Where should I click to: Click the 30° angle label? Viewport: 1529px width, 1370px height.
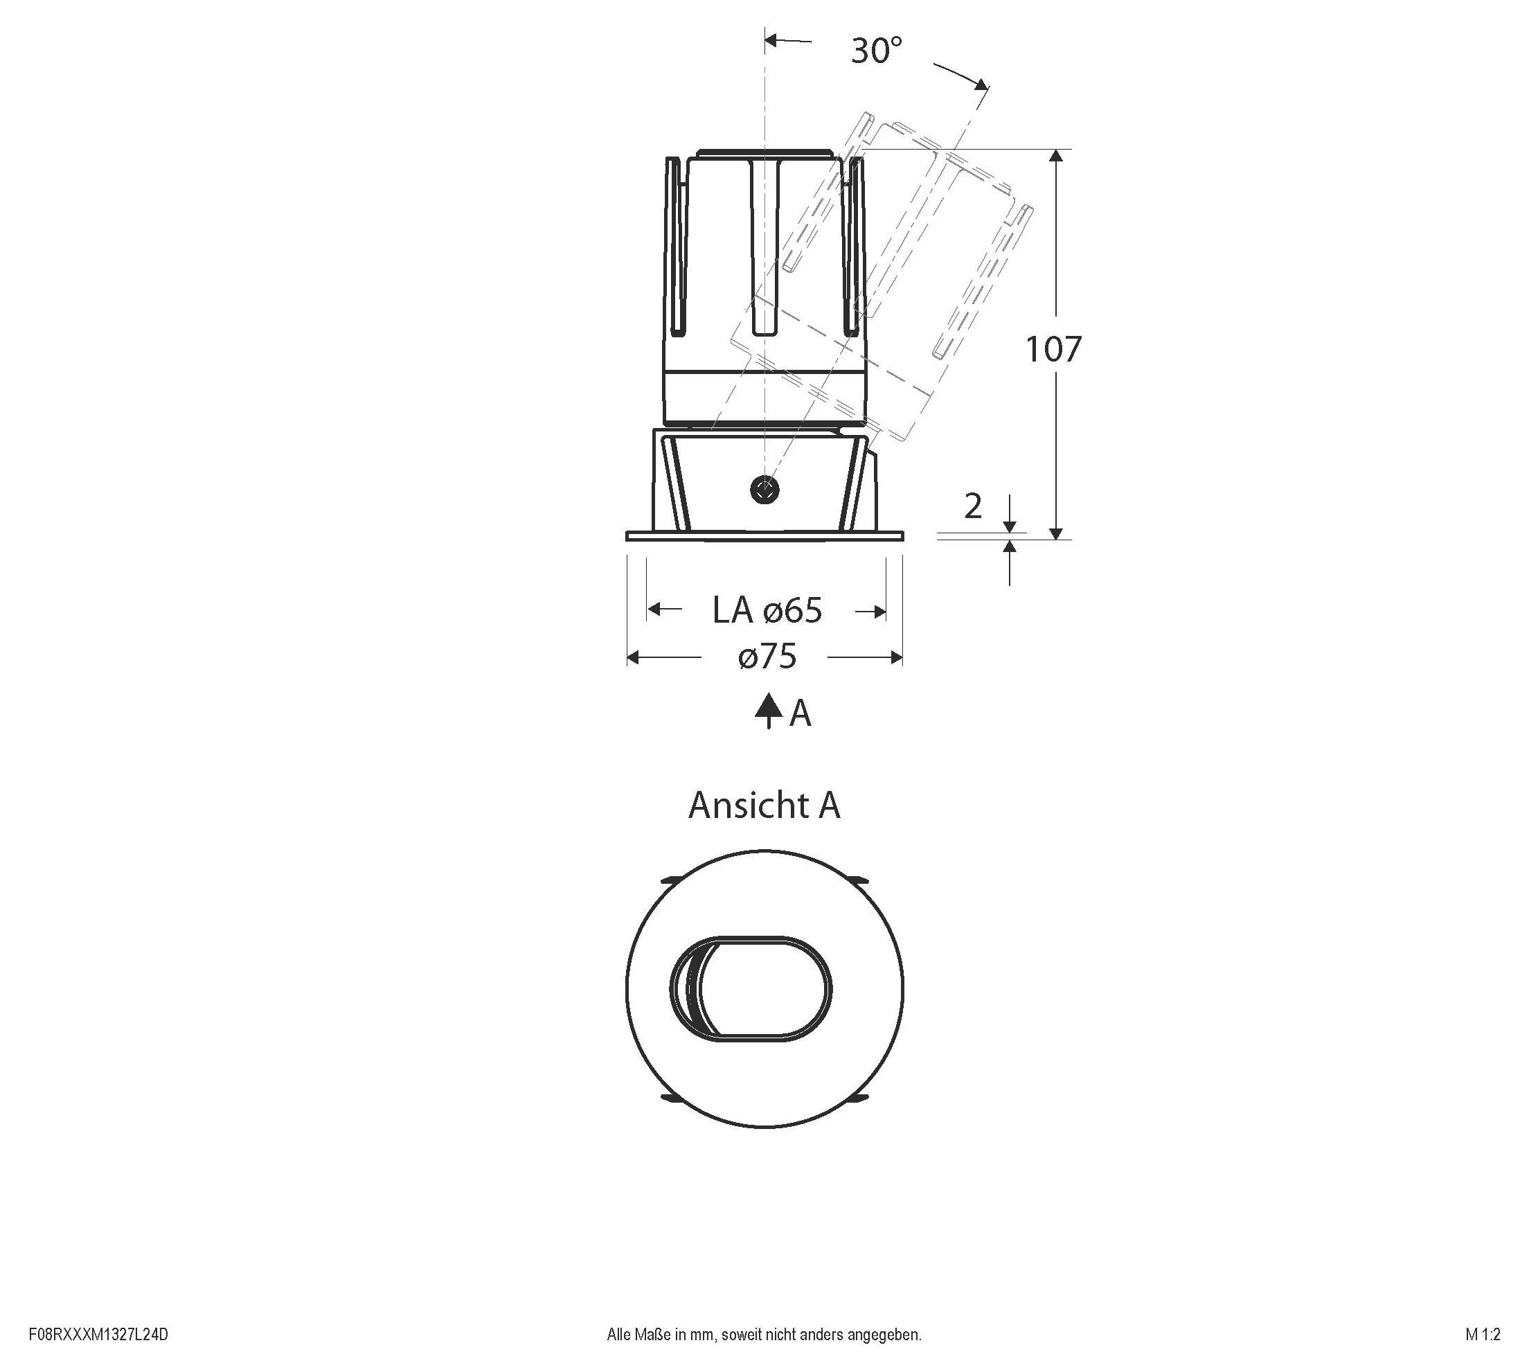pos(876,51)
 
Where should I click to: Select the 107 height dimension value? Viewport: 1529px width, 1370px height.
pos(1053,349)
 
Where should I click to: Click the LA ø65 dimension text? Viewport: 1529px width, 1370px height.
pos(767,610)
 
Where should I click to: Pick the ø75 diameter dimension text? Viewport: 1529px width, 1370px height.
pos(767,657)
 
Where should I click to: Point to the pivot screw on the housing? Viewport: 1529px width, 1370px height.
pos(764,491)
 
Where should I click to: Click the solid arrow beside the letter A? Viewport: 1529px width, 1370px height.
pos(767,709)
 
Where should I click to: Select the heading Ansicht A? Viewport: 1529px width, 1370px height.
pos(764,806)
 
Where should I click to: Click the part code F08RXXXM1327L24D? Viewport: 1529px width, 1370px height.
pos(98,1335)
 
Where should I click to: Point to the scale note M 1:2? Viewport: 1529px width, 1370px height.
pos(1483,1335)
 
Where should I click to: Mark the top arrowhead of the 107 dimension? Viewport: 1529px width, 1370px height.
pos(1056,156)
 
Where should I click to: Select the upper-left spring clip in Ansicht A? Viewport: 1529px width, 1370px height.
pos(670,879)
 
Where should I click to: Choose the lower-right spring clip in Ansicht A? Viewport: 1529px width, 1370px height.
pos(859,1099)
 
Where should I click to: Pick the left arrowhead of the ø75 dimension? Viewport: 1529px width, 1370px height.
pos(633,658)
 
